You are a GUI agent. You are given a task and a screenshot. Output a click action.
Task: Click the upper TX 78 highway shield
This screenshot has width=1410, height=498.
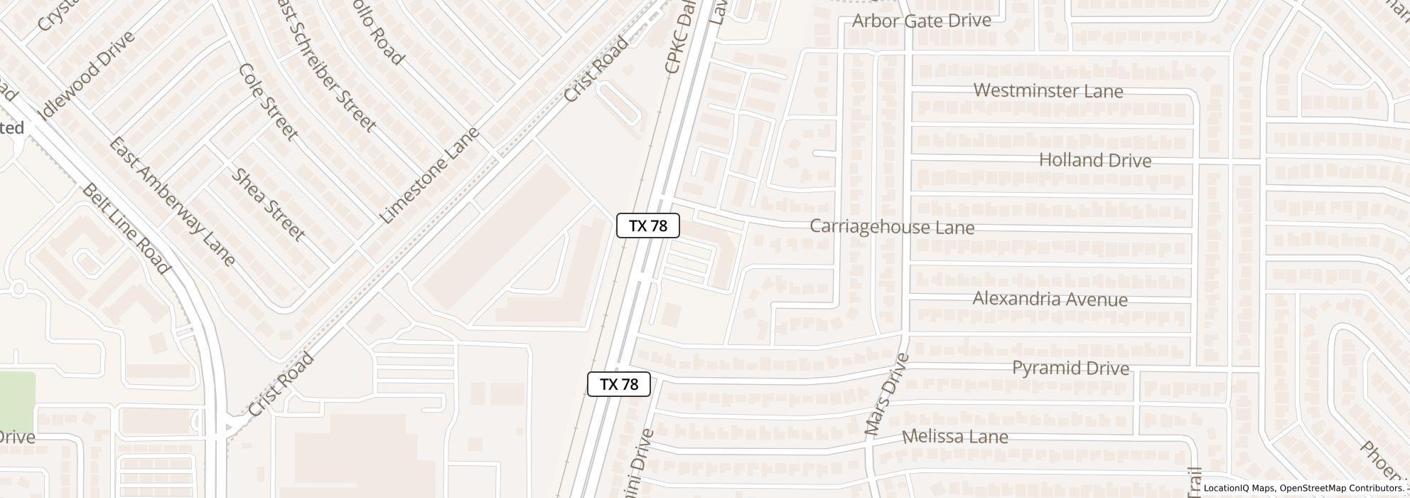[647, 226]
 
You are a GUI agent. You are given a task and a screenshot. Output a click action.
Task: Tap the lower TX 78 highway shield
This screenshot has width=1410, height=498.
[618, 384]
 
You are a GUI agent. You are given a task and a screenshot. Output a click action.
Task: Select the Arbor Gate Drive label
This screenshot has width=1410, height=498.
[921, 21]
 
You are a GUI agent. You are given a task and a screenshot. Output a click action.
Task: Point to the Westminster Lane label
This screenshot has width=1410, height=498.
[1048, 91]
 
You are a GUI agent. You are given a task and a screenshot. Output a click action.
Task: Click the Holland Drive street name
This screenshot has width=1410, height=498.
[1094, 160]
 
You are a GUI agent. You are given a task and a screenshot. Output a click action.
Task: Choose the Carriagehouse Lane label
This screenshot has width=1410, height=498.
[892, 227]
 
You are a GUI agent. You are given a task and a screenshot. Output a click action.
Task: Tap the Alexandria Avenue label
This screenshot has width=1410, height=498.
[1050, 299]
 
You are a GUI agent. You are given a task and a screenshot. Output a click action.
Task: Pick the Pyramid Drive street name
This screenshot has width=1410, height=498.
[1070, 368]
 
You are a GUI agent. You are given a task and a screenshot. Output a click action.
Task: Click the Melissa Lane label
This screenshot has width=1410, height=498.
[954, 436]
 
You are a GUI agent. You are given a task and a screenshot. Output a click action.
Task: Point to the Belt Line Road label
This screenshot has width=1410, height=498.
[127, 228]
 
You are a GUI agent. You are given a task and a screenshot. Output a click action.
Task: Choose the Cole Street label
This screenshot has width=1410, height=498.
[268, 102]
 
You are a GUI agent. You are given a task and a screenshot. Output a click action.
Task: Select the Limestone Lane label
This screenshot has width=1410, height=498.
[430, 175]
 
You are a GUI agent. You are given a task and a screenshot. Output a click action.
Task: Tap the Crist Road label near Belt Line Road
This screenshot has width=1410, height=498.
[281, 385]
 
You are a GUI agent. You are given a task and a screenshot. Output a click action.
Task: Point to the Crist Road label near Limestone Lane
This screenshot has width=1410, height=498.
[596, 70]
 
